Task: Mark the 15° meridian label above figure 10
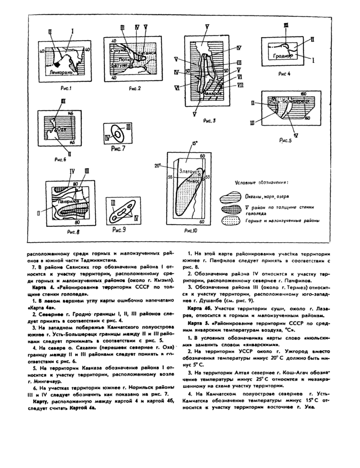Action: pyautogui.click(x=194, y=145)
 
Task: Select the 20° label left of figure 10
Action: pyautogui.click(x=157, y=166)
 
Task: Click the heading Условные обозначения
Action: pyautogui.click(x=261, y=182)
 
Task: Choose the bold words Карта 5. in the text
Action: pyautogui.click(x=197, y=321)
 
